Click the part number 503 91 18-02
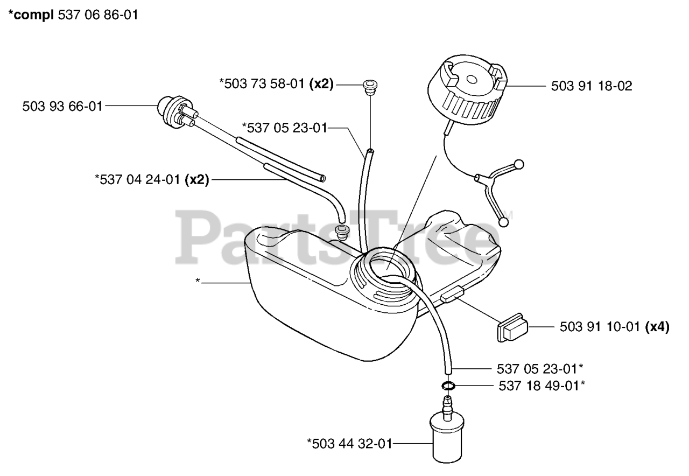click(592, 85)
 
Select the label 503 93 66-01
click(62, 106)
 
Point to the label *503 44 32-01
click(349, 444)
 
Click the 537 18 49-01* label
click(542, 386)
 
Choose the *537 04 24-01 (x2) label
click(151, 180)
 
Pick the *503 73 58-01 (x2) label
click(276, 84)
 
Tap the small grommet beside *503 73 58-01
click(369, 86)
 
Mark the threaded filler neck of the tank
click(383, 274)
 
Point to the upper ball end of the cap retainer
click(519, 163)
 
